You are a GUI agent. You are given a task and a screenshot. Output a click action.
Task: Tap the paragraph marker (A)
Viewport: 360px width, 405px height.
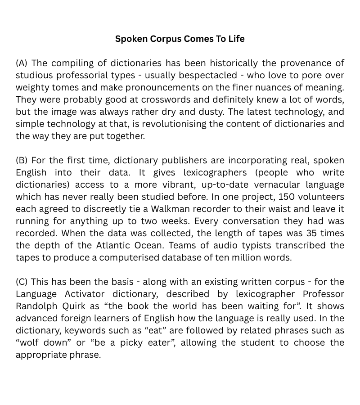pos(22,63)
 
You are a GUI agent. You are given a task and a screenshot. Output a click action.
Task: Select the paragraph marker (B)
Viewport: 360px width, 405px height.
pos(22,160)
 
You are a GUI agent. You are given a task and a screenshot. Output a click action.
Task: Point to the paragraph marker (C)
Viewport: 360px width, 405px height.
pos(22,282)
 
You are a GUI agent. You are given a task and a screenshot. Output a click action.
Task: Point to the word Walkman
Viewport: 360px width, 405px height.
pos(170,209)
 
